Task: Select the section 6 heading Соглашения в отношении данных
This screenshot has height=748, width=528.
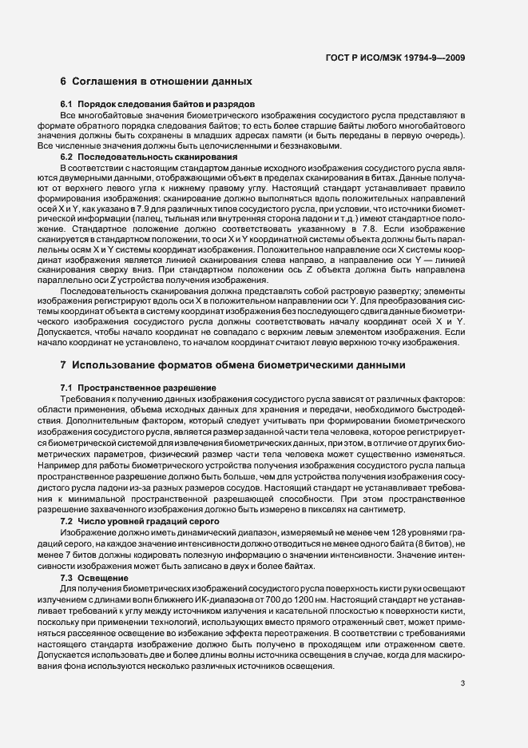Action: (x=157, y=82)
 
